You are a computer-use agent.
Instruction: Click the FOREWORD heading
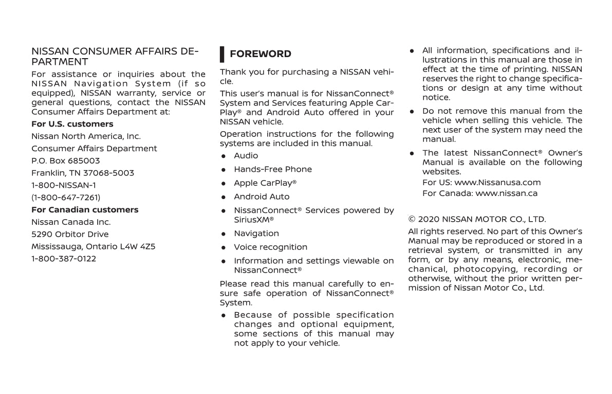tap(260, 54)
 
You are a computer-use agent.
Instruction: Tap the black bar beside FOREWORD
tap(222, 54)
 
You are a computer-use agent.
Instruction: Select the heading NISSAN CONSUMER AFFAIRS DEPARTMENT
tap(115, 57)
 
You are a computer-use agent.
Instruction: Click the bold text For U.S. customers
tap(72, 124)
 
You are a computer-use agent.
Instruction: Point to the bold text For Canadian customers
tap(85, 210)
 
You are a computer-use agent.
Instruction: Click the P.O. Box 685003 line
tap(66, 161)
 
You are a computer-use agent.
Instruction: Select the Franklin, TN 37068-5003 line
tap(83, 173)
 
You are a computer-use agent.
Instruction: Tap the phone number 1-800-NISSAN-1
tap(64, 186)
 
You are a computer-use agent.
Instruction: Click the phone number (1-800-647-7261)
tap(66, 198)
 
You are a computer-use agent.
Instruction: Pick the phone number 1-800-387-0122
tap(64, 259)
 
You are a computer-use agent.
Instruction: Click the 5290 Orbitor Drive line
tap(70, 235)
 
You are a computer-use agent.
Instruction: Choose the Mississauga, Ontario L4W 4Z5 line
tap(94, 247)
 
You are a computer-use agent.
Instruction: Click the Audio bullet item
tap(246, 156)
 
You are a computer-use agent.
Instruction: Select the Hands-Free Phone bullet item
tap(273, 169)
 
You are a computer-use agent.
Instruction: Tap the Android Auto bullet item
tap(262, 197)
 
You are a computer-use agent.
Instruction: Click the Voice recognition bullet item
tap(271, 247)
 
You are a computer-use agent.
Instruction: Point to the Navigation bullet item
tap(256, 234)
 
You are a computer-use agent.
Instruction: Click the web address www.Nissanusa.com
tap(497, 183)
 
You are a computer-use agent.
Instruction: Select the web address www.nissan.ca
tap(506, 194)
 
